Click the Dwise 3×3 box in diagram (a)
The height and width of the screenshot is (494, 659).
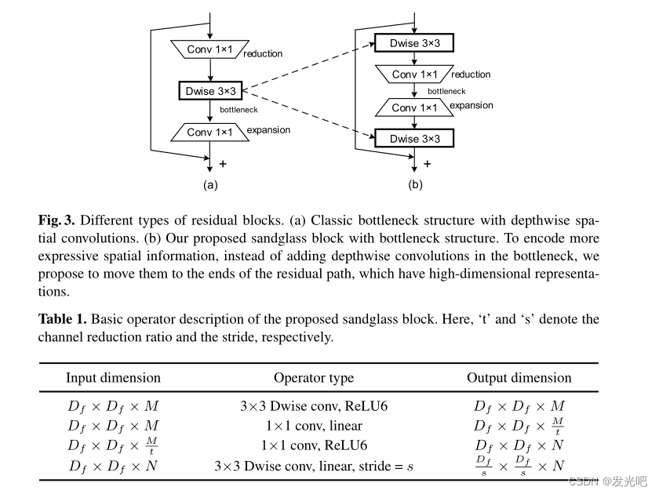click(209, 92)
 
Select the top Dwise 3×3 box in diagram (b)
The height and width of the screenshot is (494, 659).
click(415, 43)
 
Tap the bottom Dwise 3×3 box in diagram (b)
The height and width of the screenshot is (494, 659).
click(415, 139)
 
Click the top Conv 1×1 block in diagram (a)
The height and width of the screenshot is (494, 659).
click(209, 49)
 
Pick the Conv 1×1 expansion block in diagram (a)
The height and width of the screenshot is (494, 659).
click(209, 133)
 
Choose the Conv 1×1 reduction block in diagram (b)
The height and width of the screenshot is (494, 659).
click(415, 74)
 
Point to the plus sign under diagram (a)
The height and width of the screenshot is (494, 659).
click(223, 164)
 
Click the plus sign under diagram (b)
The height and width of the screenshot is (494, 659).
click(427, 164)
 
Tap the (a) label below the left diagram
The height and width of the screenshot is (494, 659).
click(209, 186)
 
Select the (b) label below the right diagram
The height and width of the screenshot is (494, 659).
click(415, 186)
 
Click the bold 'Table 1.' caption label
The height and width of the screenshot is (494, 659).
click(63, 319)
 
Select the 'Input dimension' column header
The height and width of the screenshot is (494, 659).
click(113, 378)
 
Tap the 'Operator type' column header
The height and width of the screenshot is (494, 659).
click(314, 378)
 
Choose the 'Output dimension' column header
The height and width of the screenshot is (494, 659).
click(519, 378)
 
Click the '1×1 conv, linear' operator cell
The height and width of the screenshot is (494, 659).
click(314, 427)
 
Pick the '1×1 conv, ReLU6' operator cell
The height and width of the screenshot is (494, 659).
click(314, 446)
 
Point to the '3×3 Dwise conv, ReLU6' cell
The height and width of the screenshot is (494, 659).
click(314, 406)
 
